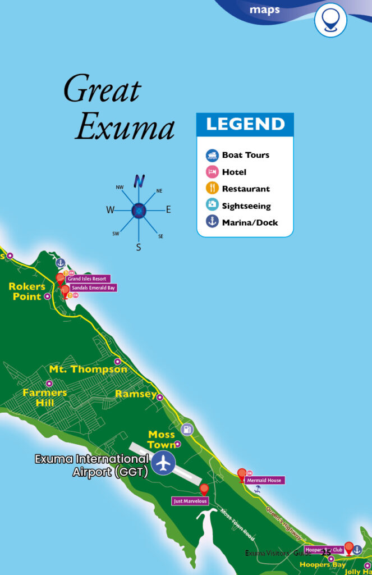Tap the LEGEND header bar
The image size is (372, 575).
point(245,124)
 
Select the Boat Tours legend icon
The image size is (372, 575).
point(212,155)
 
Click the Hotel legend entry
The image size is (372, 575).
point(233,172)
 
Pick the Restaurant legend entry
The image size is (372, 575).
point(245,189)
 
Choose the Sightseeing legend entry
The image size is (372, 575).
point(246,206)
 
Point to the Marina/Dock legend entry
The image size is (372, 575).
point(249,222)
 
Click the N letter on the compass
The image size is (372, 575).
point(139,181)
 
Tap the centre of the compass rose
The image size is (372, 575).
point(139,211)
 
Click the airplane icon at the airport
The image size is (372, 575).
point(164,463)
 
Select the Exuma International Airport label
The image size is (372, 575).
point(92,466)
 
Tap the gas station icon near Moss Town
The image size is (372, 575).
point(187,430)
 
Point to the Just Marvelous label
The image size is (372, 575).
point(190,501)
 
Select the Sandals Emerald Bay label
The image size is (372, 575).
point(93,287)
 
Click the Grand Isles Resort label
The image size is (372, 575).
point(88,279)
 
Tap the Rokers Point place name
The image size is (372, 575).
point(26,291)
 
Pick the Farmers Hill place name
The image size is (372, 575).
point(45,398)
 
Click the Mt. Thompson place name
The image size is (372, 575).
point(88,369)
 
